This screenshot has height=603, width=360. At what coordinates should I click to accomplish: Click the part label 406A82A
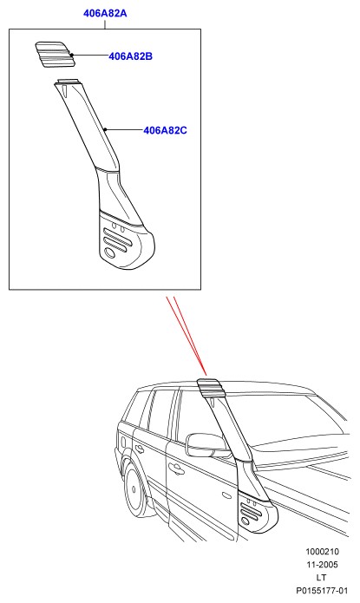pos(105,13)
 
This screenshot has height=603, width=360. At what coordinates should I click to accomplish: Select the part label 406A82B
pos(130,56)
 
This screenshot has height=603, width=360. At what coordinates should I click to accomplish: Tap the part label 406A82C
pos(165,130)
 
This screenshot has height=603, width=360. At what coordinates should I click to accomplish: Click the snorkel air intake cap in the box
pos(54,55)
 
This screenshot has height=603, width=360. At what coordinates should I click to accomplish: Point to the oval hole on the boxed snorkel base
pos(109,252)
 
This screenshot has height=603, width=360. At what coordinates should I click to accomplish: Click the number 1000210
pos(323,552)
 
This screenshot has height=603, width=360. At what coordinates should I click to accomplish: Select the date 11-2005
pos(323,565)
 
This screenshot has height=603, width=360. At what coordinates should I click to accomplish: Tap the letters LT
pos(322,578)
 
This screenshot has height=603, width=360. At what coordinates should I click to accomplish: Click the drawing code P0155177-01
pos(322,591)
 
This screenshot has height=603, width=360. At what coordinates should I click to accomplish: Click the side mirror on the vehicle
pos(206,445)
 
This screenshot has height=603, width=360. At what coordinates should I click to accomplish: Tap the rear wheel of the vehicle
pos(134,489)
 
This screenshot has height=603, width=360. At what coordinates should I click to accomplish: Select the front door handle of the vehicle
pos(176,468)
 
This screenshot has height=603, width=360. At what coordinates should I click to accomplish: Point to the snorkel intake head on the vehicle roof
pos(210,389)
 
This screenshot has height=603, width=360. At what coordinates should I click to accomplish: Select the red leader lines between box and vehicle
pos(187,336)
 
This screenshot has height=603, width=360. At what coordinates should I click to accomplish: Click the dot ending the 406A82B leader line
pos(71,55)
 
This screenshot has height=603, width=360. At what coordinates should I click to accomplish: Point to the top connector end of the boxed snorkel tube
pos(68,81)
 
